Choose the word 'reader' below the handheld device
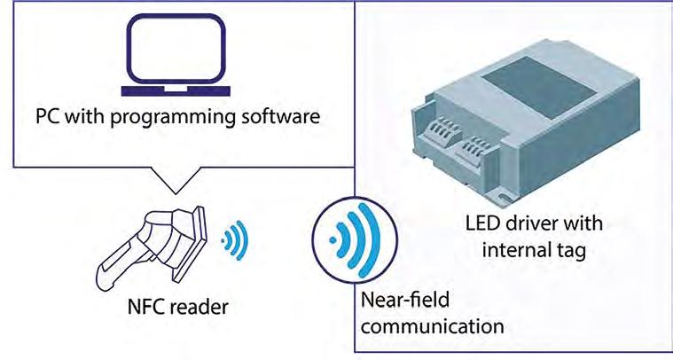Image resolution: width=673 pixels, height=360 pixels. (x=200, y=308)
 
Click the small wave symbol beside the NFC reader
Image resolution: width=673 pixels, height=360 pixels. (x=234, y=239)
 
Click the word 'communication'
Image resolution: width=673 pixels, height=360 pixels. (x=433, y=325)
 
